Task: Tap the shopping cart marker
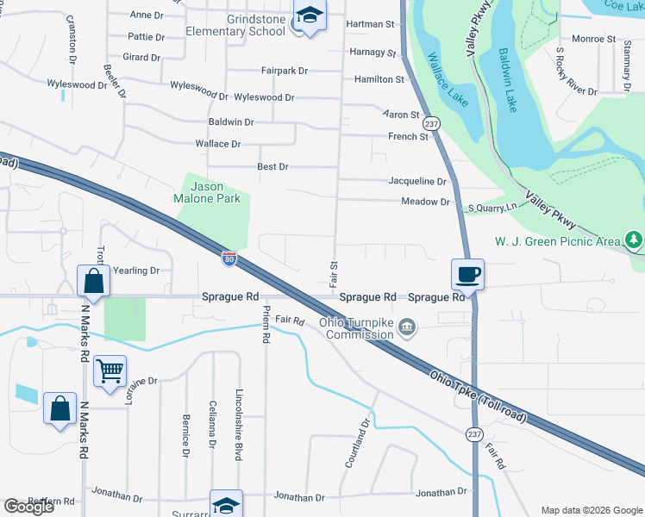pos(110,371)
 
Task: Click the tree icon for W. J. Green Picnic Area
pos(634,239)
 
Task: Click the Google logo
pos(28,507)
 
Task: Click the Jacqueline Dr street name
pos(417,182)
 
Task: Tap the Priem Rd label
pos(266,326)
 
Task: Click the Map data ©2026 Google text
pos(591,510)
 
